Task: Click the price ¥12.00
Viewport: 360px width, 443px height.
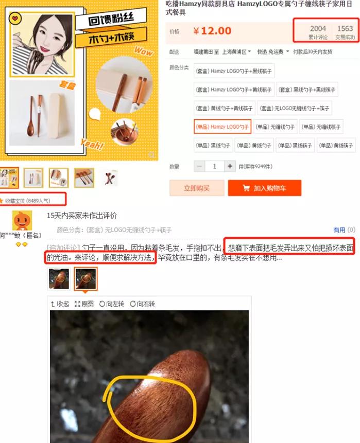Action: click(212, 31)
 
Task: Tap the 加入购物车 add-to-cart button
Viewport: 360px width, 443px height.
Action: click(264, 188)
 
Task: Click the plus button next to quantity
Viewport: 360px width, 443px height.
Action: click(230, 167)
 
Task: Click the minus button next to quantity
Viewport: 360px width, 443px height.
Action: click(199, 167)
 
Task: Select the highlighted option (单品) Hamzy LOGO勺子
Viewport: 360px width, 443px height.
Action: click(222, 127)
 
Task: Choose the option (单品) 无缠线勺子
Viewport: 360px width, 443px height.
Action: click(275, 127)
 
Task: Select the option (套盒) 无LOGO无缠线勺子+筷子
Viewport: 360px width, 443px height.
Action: click(295, 109)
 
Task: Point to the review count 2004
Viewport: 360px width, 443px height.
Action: click(318, 29)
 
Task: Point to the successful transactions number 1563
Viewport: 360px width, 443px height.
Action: click(345, 29)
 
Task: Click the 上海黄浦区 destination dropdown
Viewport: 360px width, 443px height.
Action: click(236, 52)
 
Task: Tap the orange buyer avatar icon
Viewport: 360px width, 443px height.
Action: click(22, 221)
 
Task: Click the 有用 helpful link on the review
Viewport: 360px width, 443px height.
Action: click(339, 230)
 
